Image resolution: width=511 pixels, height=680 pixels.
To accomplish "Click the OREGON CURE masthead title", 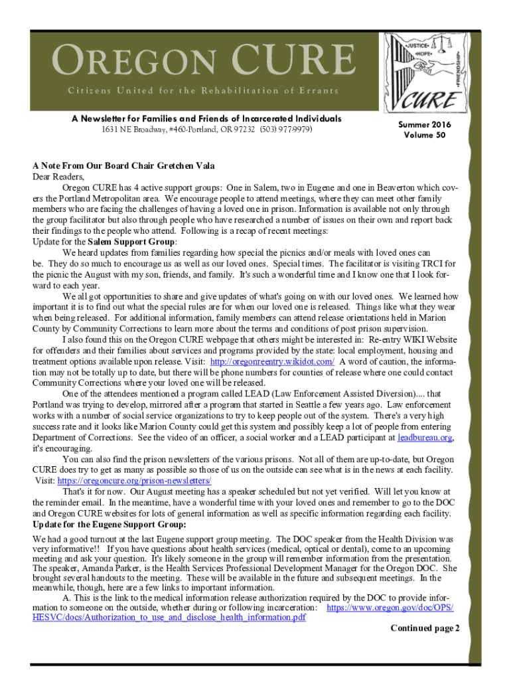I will pyautogui.click(x=203, y=62).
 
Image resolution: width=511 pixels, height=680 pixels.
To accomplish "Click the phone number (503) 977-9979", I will pyautogui.click(x=286, y=129).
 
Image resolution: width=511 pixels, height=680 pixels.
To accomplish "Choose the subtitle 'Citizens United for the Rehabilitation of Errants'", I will pyautogui.click(x=202, y=90).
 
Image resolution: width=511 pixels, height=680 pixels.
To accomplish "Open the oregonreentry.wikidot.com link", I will pyautogui.click(x=272, y=361).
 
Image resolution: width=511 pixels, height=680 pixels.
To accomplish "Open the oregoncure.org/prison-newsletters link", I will pyautogui.click(x=135, y=480).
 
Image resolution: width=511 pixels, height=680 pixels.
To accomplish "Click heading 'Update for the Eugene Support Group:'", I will pyautogui.click(x=110, y=525).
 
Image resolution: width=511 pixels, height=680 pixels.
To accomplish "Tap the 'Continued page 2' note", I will pyautogui.click(x=425, y=628).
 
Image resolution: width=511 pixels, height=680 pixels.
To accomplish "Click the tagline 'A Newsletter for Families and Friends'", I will pyautogui.click(x=206, y=118).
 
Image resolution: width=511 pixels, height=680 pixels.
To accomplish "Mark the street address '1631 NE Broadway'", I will pyautogui.click(x=127, y=129).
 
